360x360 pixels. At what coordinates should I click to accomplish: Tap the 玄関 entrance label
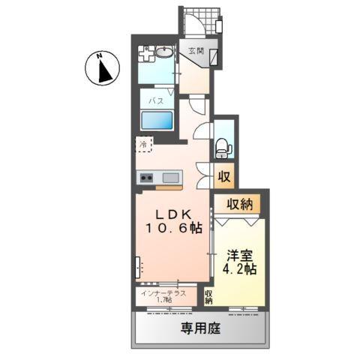tap(196, 51)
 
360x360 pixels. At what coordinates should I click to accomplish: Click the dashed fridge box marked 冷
tap(143, 143)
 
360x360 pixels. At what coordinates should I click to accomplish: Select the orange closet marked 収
tap(223, 177)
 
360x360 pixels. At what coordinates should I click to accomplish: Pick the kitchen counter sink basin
tap(170, 178)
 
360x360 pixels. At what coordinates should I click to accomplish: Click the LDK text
tap(175, 212)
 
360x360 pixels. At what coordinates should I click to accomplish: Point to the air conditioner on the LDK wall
tap(139, 267)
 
